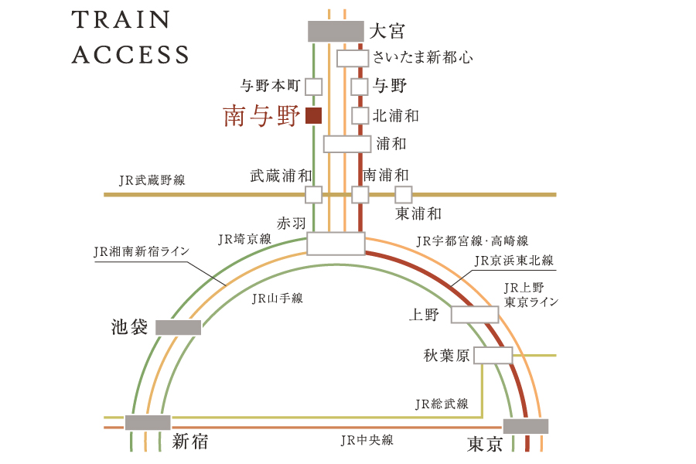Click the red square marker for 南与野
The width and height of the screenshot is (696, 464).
pos(313,115)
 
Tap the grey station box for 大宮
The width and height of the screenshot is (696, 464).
pos(336,31)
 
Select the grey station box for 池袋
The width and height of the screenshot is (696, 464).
pos(179,328)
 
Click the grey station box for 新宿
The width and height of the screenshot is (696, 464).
pos(148,422)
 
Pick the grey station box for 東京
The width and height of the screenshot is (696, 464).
pos(526,426)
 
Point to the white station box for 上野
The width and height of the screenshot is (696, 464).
pos(475,315)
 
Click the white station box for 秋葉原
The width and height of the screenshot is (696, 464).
pos(493,355)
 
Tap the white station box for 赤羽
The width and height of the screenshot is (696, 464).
pos(336,244)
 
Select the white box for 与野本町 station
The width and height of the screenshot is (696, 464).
pos(314,87)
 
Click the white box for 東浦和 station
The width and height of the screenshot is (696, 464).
pos(404,194)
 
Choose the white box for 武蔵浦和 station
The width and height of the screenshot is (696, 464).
pos(314,194)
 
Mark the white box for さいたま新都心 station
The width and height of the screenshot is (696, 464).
pos(353,58)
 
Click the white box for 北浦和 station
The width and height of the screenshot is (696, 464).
pos(360,115)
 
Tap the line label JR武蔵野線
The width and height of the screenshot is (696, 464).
pos(152,180)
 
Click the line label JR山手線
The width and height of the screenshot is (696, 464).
pos(278,298)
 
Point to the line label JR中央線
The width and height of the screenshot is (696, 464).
pos(367,440)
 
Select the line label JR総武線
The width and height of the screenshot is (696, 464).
pos(442,404)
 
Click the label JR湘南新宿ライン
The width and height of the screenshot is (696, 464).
pos(142,251)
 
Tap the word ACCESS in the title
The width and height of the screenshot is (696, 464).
pos(131,55)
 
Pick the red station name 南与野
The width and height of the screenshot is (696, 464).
pos(261,116)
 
